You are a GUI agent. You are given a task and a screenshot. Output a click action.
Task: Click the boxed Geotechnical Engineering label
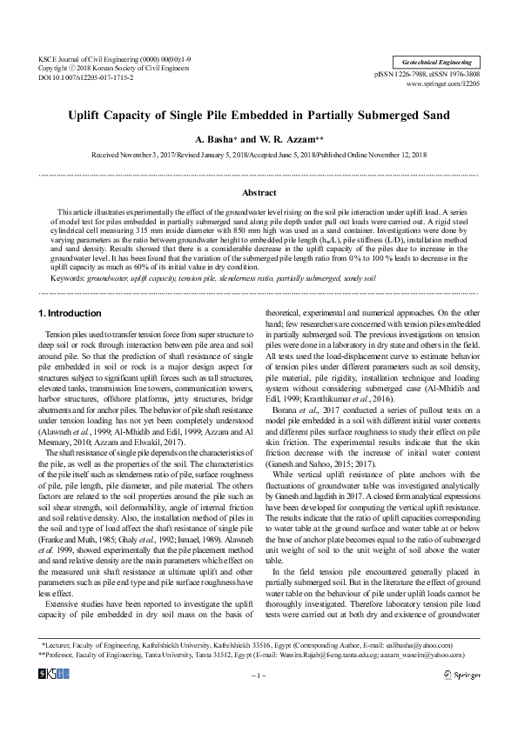coord(438,63)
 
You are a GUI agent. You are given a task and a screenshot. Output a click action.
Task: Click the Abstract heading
coord(259,192)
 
